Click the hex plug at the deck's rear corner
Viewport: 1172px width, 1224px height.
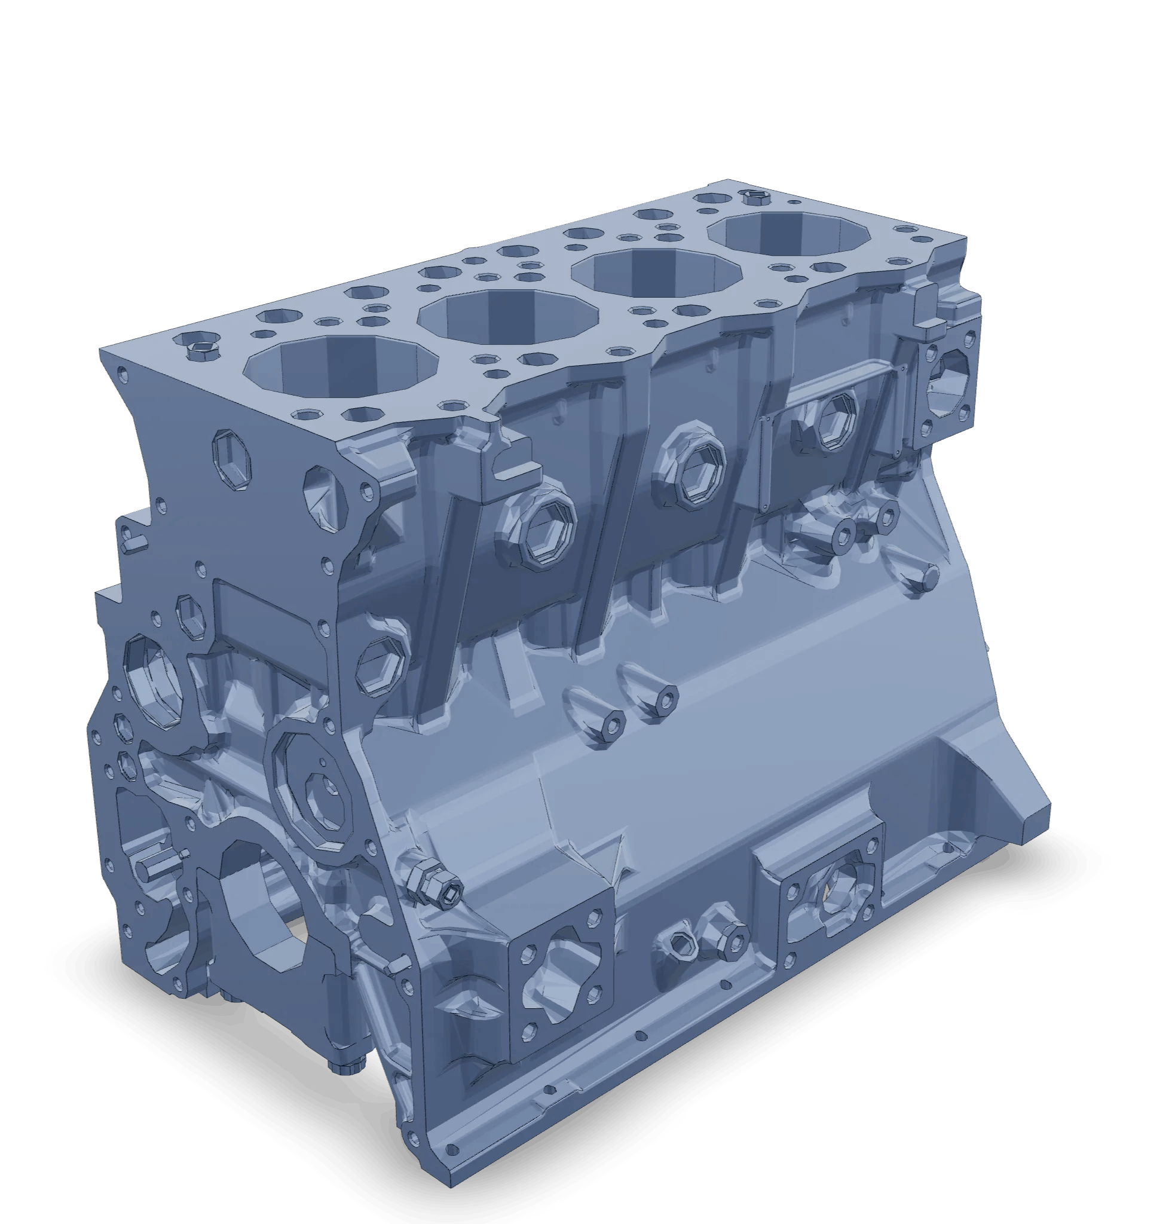755,198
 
